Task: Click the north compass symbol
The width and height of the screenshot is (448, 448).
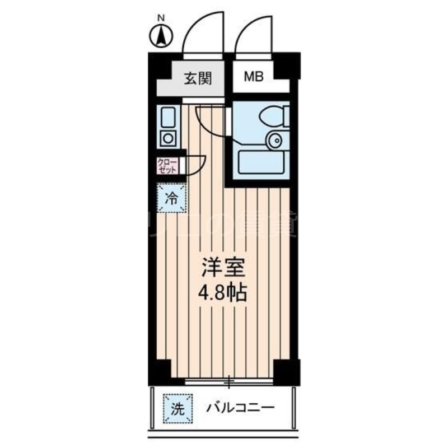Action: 161,36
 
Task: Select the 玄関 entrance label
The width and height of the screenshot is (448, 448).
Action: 198,78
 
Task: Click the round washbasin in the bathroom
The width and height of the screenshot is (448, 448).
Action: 274,141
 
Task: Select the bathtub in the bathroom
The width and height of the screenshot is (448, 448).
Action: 262,163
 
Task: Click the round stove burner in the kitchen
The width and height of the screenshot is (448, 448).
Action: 167,138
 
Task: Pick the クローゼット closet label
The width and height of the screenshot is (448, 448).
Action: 167,166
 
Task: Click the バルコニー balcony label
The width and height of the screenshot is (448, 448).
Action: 239,407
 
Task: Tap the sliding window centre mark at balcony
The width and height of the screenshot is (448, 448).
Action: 228,383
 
